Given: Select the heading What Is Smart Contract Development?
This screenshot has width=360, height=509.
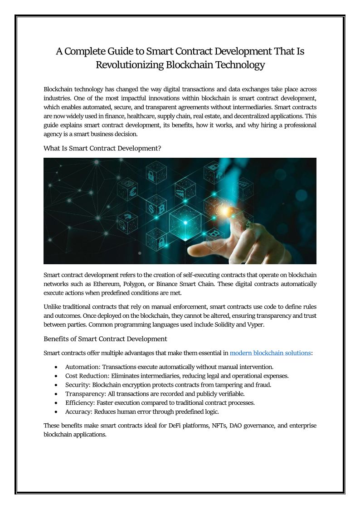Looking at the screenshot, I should point(102,148).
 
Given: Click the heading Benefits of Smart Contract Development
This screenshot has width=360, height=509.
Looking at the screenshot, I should point(105,339).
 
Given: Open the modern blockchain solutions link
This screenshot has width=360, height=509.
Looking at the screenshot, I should point(270,353).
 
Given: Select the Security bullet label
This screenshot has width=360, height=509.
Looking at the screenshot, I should point(77,385).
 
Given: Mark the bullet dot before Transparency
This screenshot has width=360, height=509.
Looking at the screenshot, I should point(55,394).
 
